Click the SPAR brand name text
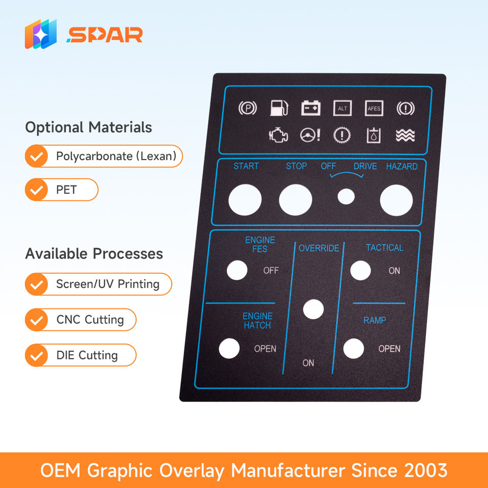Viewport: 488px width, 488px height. (104, 35)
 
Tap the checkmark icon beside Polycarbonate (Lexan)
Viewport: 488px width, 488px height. (36, 157)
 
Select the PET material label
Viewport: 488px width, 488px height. (67, 190)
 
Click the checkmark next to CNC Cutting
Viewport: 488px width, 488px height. (36, 320)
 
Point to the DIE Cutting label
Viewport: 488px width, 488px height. (87, 355)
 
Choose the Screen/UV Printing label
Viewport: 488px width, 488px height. (108, 284)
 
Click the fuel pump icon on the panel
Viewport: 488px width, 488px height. (279, 108)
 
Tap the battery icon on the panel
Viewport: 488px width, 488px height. (311, 108)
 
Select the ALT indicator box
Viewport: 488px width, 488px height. (342, 108)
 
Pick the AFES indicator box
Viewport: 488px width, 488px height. (374, 108)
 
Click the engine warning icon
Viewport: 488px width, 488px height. (278, 136)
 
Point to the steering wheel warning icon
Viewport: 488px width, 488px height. (310, 135)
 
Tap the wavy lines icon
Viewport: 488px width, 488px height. (405, 135)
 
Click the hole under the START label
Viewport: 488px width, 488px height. (245, 199)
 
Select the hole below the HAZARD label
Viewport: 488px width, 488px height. (396, 200)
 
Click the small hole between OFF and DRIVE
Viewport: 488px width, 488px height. (346, 197)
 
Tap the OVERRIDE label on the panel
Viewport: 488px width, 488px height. (319, 248)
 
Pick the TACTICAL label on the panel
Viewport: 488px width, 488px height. (384, 248)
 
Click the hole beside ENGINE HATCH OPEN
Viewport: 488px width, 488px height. (229, 348)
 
